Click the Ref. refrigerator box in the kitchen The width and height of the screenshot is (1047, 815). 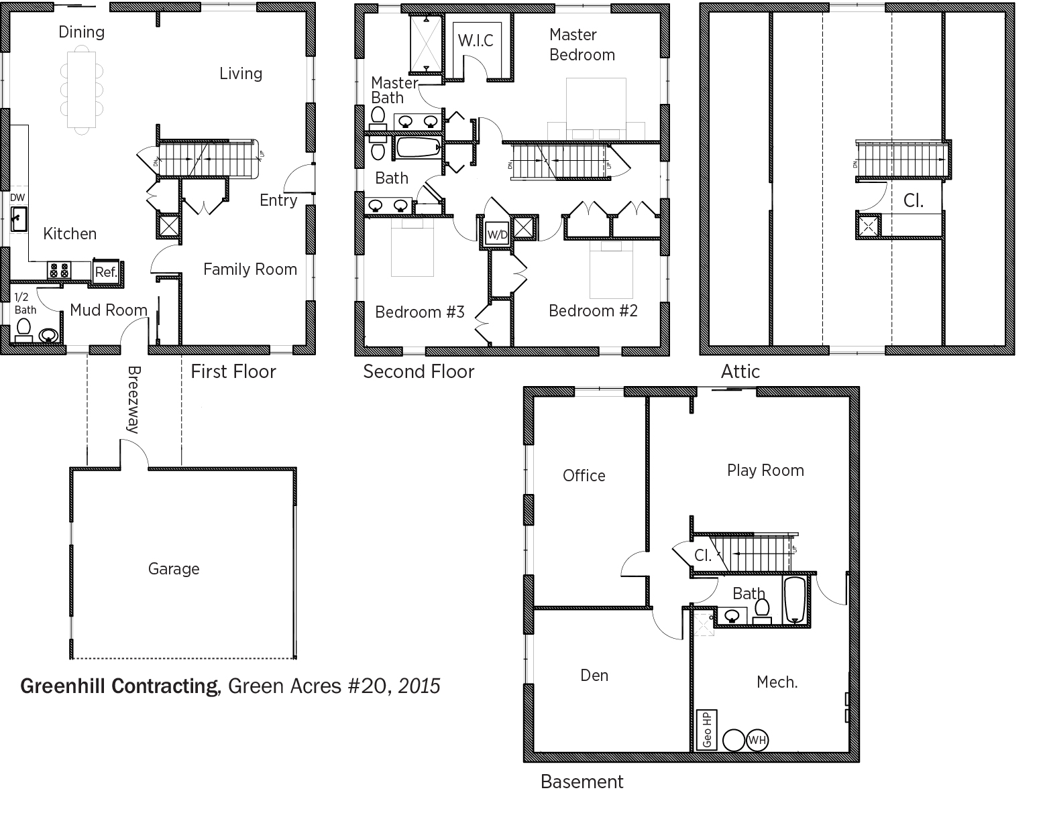click(x=107, y=272)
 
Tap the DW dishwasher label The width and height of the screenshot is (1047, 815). click(x=17, y=197)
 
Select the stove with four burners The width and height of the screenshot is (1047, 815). click(x=59, y=270)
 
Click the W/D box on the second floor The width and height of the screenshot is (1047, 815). click(x=497, y=235)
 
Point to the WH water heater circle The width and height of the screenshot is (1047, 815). click(x=757, y=740)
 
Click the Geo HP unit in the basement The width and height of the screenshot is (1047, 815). click(x=707, y=730)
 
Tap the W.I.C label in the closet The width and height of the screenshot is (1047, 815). click(x=476, y=40)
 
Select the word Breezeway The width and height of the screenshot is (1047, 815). click(x=134, y=399)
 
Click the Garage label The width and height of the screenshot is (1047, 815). click(x=174, y=569)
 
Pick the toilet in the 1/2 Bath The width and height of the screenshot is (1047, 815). click(x=23, y=330)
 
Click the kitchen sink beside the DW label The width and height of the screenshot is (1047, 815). click(x=19, y=219)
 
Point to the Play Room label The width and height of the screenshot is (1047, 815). click(x=765, y=471)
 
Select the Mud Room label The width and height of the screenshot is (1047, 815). click(x=109, y=310)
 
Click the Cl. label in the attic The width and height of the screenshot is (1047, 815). click(x=913, y=200)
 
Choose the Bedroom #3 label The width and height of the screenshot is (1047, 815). click(x=420, y=312)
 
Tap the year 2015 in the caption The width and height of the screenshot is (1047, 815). click(x=419, y=686)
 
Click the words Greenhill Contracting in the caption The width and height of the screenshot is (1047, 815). click(x=120, y=686)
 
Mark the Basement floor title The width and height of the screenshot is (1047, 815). click(x=582, y=781)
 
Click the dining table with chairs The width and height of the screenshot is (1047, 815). click(x=81, y=90)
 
